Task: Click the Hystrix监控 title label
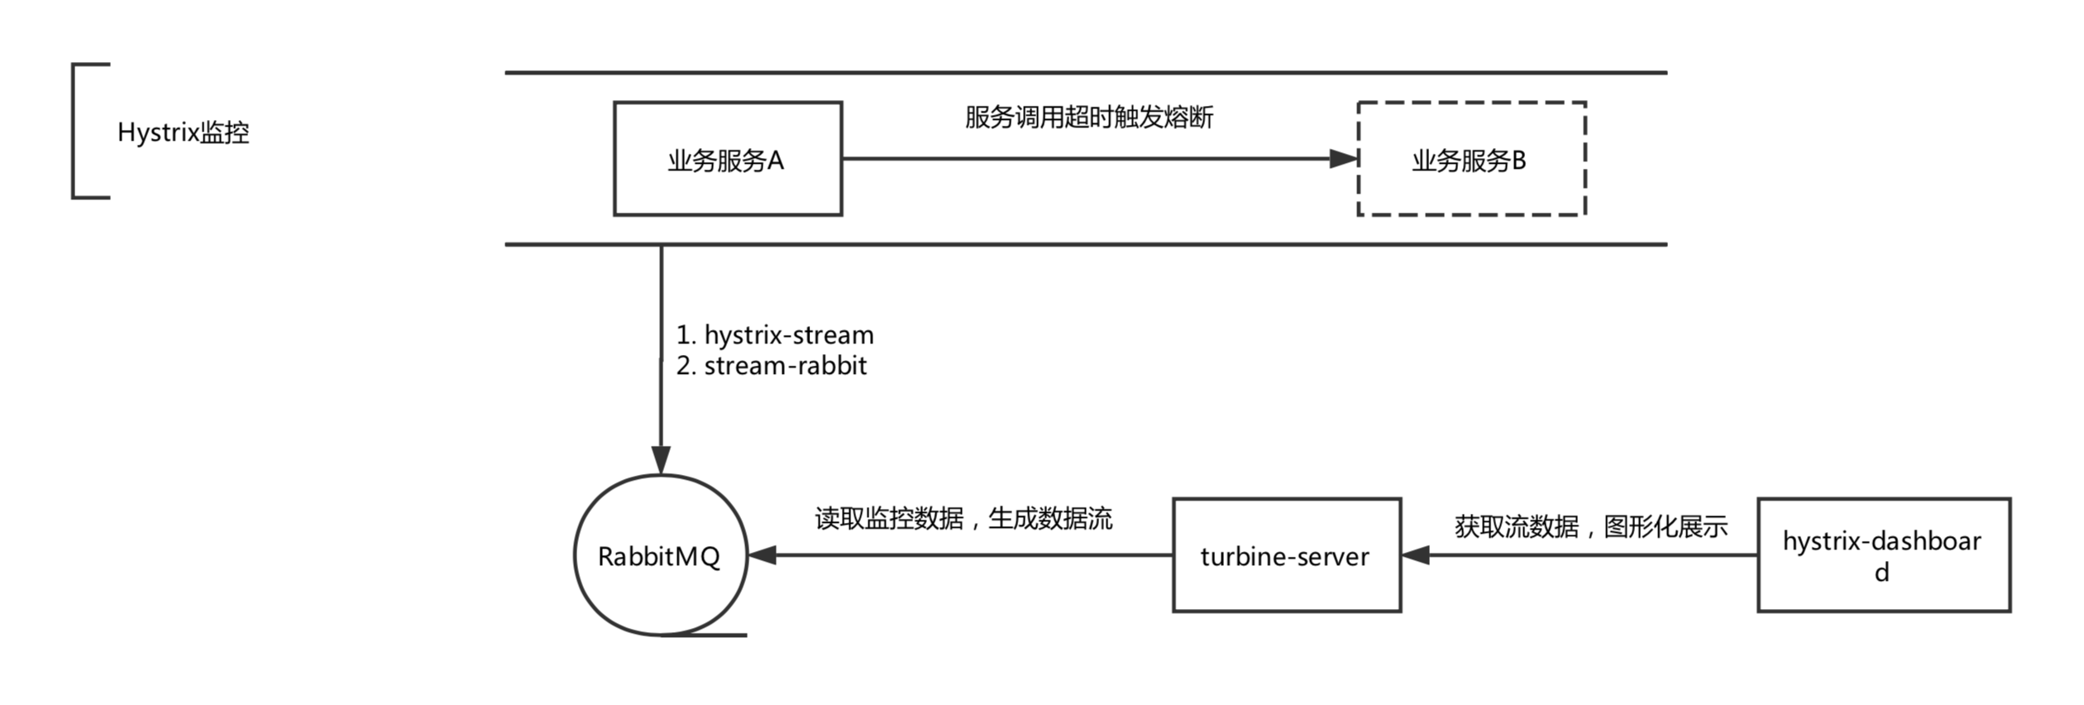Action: pos(183,132)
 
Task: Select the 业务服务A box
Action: pos(727,159)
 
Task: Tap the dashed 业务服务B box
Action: pos(1470,159)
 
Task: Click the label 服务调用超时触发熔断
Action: pos(1088,117)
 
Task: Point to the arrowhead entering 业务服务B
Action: pos(1344,159)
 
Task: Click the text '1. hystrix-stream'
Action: pos(775,335)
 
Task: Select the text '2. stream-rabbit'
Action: pos(771,366)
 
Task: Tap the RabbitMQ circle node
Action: pos(660,555)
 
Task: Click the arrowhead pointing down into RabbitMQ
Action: pos(661,460)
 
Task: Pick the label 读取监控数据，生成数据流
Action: pos(963,519)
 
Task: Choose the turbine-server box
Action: pos(1286,555)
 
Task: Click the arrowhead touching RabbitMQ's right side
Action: pos(762,555)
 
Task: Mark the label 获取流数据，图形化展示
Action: pos(1590,526)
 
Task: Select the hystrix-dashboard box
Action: pos(1883,555)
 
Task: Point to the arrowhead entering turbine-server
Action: pos(1416,555)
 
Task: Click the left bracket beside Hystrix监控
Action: pos(74,131)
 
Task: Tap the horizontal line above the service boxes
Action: pos(1085,73)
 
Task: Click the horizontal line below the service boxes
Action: pos(1085,245)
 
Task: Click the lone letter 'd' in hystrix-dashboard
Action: pos(1881,573)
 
